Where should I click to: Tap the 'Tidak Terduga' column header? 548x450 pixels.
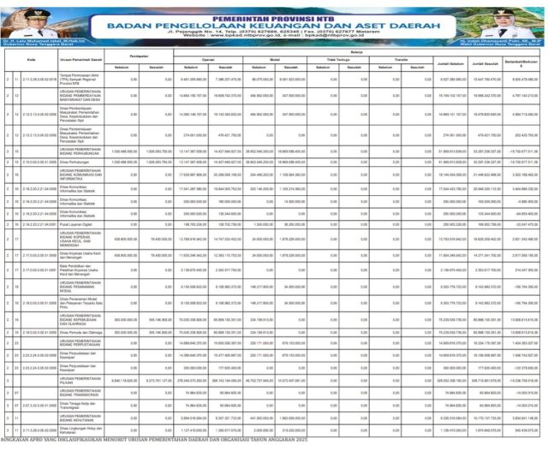coord(342,60)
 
